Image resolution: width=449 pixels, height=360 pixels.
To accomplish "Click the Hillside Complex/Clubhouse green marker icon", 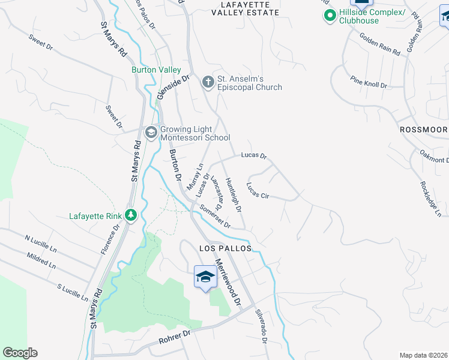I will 329,16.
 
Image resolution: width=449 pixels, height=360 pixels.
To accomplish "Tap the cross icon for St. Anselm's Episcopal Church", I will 208,82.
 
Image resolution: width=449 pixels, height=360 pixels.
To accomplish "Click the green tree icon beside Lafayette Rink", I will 130,215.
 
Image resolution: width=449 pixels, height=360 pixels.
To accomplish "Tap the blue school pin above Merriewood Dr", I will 205,278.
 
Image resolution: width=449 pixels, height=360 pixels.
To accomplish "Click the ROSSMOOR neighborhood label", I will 424,130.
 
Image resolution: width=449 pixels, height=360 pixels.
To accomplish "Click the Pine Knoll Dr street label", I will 369,82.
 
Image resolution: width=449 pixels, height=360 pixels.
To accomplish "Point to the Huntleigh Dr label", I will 234,195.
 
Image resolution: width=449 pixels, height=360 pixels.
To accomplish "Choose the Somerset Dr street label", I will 215,215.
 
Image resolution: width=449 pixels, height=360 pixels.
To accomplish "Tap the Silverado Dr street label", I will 261,326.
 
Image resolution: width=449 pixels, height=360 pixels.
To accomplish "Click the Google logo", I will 20,353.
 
